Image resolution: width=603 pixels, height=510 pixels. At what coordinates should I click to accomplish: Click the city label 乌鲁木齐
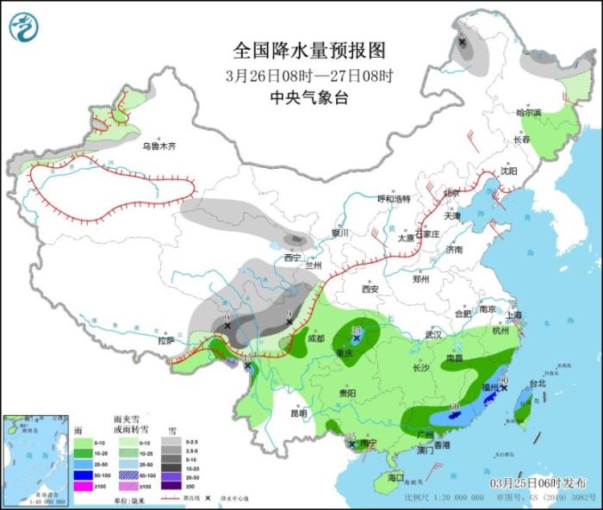[x=159, y=146]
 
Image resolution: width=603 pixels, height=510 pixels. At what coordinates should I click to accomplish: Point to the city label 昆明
[x=298, y=413]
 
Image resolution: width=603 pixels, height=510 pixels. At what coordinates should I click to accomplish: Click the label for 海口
[x=395, y=476]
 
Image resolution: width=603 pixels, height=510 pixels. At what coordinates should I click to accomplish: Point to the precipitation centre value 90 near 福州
[x=504, y=379]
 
